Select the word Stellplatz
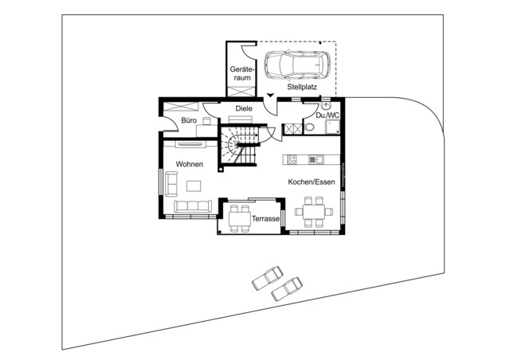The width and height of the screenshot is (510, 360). click(x=304, y=86)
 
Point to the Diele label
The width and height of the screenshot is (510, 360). click(x=244, y=108)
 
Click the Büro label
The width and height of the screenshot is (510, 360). click(x=189, y=120)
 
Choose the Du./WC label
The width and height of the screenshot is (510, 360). click(x=328, y=116)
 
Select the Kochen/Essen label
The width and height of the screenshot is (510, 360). click(x=312, y=182)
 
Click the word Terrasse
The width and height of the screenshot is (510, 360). click(x=265, y=218)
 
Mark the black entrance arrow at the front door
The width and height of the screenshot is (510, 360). click(x=272, y=96)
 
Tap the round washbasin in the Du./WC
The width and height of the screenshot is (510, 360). click(x=327, y=106)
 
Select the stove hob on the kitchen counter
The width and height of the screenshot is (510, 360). click(x=292, y=159)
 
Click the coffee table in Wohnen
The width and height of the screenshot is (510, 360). click(x=194, y=186)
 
